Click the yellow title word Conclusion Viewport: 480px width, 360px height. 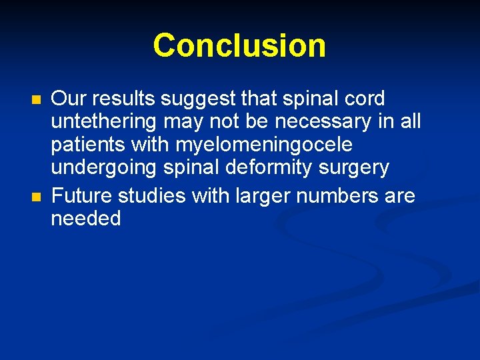click(239, 45)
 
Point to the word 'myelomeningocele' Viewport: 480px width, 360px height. click(261, 144)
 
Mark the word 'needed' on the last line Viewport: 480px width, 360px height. click(86, 219)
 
